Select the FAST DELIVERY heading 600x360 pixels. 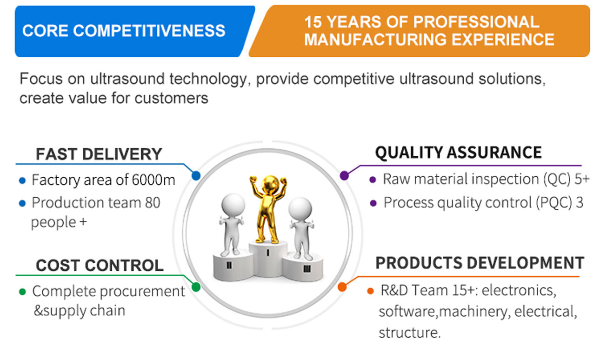(x=99, y=154)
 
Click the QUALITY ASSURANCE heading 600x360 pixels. (x=458, y=153)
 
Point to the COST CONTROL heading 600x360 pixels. (x=100, y=266)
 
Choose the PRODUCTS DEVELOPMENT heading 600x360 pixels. (x=480, y=263)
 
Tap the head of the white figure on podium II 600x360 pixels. (x=233, y=205)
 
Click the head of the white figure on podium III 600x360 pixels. (x=300, y=209)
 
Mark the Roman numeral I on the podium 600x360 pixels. (x=268, y=252)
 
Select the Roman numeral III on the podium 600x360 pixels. (x=307, y=269)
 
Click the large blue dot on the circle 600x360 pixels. (x=196, y=176)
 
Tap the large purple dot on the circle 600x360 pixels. (x=344, y=176)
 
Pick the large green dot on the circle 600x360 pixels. (x=196, y=287)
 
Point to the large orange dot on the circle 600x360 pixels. (x=342, y=287)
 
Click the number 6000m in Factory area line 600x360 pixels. (x=153, y=180)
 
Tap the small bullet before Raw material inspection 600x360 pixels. (x=373, y=180)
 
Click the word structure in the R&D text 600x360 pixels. (x=409, y=333)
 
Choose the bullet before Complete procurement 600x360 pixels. (x=22, y=292)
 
